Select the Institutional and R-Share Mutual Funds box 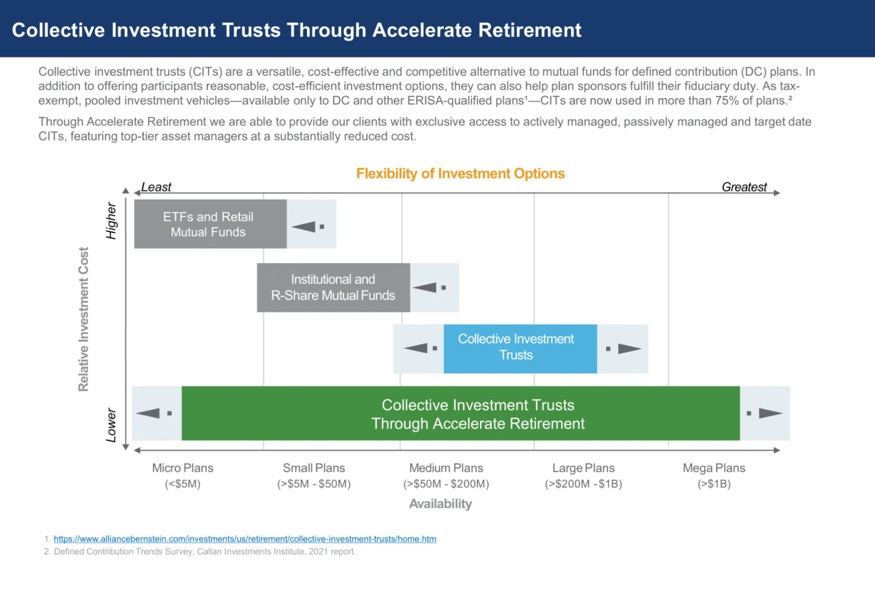pos(333,287)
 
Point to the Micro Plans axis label pos(182,468)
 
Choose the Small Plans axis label pos(314,468)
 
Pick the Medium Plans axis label pos(446,468)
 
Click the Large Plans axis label pos(583,468)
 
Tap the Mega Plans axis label pos(714,468)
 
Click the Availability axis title pos(440,504)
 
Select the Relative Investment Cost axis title pos(84,319)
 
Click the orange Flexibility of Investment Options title pos(460,174)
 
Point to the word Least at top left pos(156,187)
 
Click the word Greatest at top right pos(744,187)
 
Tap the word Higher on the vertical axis pos(111,221)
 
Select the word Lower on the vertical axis pos(111,425)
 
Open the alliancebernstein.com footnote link pos(245,539)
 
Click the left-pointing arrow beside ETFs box pos(304,227)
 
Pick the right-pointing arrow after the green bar pos(770,413)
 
